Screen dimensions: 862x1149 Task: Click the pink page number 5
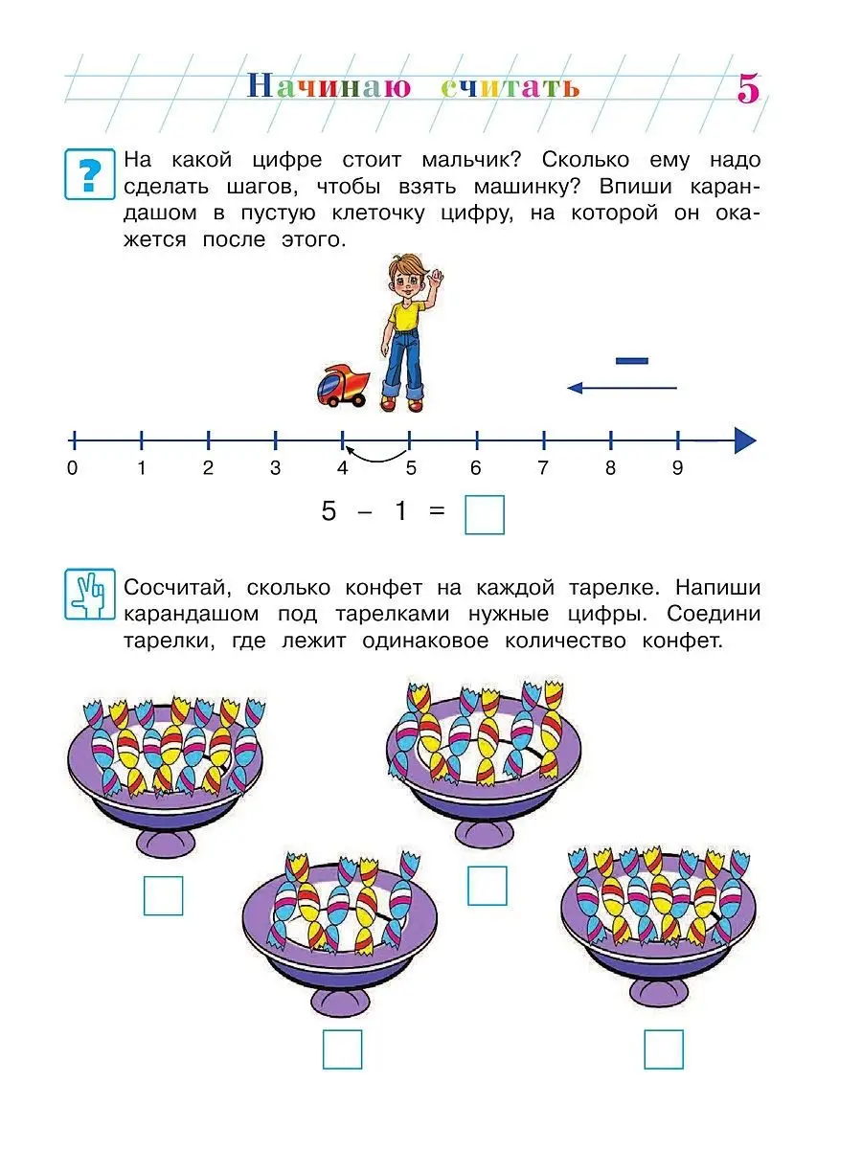tap(748, 88)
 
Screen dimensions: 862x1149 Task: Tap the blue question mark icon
tap(89, 174)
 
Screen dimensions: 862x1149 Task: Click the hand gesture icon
tap(89, 595)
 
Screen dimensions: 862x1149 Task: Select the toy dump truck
tap(343, 386)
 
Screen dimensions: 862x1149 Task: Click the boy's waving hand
tap(436, 276)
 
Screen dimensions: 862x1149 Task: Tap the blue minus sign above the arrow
tap(632, 361)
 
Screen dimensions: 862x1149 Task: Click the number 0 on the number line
tap(72, 468)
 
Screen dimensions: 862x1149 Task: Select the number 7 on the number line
tap(543, 468)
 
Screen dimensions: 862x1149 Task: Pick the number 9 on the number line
tap(677, 468)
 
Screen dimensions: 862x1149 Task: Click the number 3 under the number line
tap(275, 468)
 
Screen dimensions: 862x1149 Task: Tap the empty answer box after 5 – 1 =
tap(485, 514)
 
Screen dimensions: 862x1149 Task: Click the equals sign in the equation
tap(437, 510)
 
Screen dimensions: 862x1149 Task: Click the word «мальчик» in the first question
tap(471, 160)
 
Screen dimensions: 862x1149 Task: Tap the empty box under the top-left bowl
tap(163, 895)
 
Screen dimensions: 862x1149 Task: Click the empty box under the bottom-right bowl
tap(664, 1049)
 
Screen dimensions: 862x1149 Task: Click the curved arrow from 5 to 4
tap(375, 459)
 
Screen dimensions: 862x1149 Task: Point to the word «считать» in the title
tap(510, 87)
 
